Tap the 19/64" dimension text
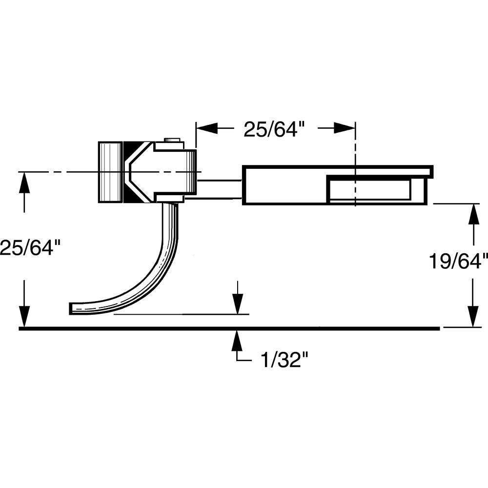(458, 262)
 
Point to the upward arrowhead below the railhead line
(237, 339)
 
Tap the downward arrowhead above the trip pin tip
(237, 305)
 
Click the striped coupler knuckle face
(110, 172)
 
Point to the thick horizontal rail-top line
(229, 328)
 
